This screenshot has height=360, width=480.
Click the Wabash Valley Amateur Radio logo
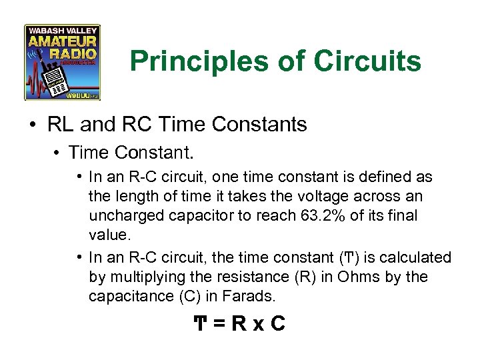(62, 63)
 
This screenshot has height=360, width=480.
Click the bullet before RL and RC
(32, 125)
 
